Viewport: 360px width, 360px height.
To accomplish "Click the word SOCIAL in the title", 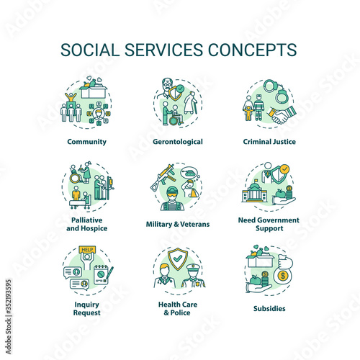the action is click(90, 50).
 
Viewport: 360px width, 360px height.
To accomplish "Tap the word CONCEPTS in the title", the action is click(253, 50).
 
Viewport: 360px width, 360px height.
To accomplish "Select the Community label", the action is click(87, 142).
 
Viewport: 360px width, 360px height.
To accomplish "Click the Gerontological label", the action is click(178, 142).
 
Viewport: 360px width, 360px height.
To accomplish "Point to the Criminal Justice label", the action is click(269, 142).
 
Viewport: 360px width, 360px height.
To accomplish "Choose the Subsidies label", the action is click(269, 308).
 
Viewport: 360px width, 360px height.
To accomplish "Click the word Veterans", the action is click(195, 224).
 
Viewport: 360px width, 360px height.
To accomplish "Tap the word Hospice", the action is click(94, 228).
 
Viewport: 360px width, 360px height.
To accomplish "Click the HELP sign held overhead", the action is click(87, 250).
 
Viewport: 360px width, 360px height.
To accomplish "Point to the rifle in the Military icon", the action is click(163, 178).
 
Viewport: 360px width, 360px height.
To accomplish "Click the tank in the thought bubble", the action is click(188, 172).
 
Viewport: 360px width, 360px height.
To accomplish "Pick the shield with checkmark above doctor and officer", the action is click(178, 258).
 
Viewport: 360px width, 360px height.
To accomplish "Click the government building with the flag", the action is click(254, 192).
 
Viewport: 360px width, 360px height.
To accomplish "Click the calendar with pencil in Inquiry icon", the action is click(103, 275).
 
